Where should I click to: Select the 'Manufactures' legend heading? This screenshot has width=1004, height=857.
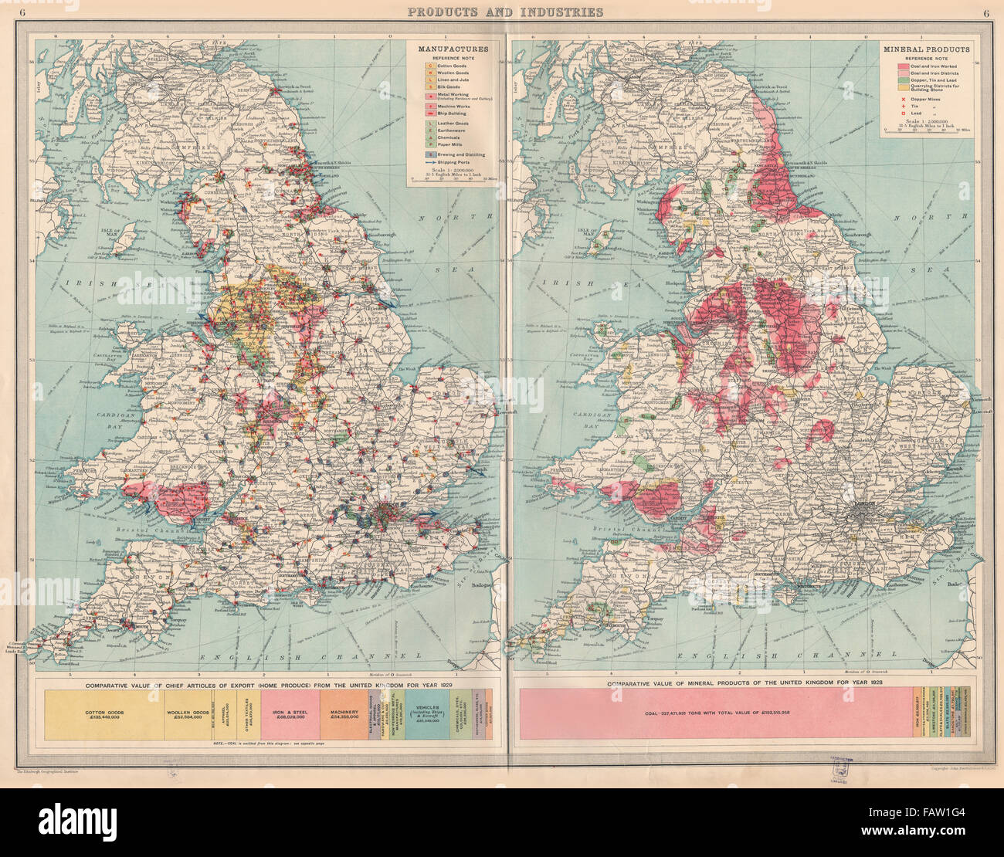(x=448, y=49)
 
